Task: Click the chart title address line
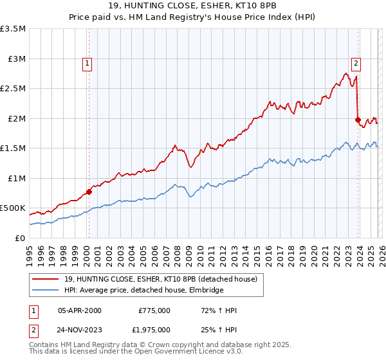click(x=193, y=6)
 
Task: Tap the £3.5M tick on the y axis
click(x=14, y=29)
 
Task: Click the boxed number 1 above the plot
click(x=87, y=63)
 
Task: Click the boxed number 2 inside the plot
click(x=355, y=63)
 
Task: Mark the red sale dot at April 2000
click(x=89, y=191)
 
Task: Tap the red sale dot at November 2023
click(x=358, y=120)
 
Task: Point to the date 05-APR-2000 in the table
click(x=80, y=310)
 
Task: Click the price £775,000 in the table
click(x=154, y=310)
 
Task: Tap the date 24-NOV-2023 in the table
click(x=80, y=330)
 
